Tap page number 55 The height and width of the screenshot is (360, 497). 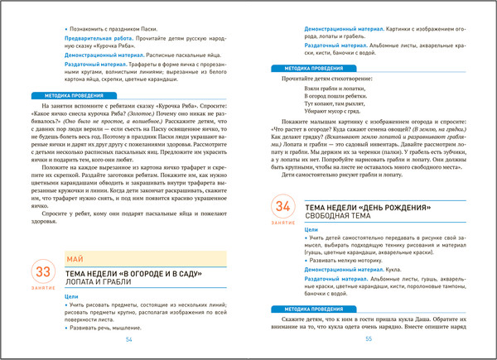click(x=369, y=339)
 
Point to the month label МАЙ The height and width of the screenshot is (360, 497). click(x=74, y=259)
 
